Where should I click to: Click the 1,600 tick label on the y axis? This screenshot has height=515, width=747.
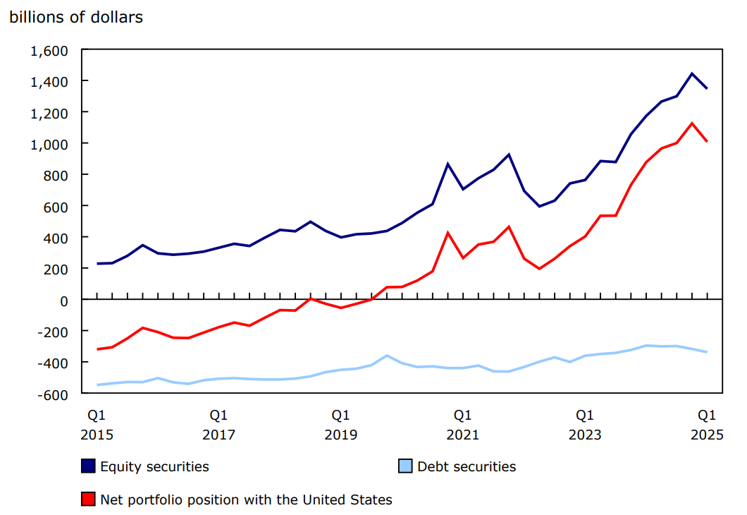[48, 51]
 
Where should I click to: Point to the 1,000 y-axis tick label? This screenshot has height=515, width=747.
[48, 144]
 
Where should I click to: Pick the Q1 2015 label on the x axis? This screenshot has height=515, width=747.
[97, 424]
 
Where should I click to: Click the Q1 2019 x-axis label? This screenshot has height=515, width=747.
[340, 424]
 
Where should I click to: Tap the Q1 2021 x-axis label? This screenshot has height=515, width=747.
[462, 424]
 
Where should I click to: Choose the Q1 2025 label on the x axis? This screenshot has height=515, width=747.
[706, 424]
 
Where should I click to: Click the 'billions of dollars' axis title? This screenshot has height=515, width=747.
[76, 18]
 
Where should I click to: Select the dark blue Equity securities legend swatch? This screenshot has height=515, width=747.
[88, 466]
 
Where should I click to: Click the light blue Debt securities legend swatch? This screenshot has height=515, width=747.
[405, 466]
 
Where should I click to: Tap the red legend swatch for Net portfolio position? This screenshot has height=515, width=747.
[88, 499]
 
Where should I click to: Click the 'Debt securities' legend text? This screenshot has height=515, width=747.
[467, 466]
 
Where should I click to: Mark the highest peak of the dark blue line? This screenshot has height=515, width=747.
[692, 73]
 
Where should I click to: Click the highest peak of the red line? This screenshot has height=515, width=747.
[692, 123]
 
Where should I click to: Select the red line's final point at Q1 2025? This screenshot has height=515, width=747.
[707, 142]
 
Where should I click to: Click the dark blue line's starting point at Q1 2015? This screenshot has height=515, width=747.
[97, 264]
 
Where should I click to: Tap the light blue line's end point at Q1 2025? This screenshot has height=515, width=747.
[707, 352]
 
